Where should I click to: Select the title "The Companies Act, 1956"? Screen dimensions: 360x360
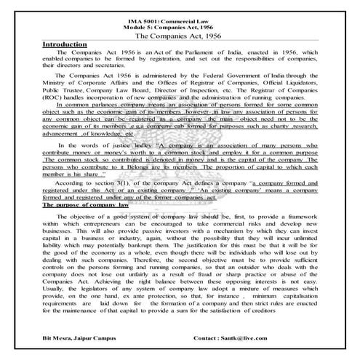coord(180,33)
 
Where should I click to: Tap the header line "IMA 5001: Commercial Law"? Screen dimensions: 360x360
coord(180,17)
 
